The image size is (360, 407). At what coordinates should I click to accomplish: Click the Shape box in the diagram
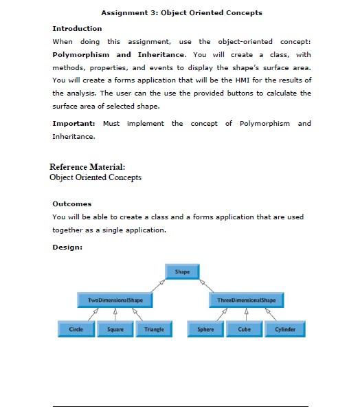tap(182, 272)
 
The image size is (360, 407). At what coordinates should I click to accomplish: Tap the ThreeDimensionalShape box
tap(245, 300)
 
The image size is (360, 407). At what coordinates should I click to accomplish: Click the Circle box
tap(76, 329)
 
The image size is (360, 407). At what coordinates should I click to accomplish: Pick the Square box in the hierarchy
tap(115, 329)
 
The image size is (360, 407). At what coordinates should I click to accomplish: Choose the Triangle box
tap(155, 329)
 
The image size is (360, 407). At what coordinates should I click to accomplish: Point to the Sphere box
tap(205, 329)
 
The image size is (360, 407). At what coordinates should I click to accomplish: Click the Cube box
tap(245, 329)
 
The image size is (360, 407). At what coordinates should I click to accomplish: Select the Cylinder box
tap(285, 329)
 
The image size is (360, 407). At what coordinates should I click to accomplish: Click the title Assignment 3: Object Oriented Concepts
tap(181, 12)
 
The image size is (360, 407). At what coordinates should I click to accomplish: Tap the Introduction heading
tap(77, 28)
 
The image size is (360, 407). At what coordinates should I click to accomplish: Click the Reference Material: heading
tap(87, 167)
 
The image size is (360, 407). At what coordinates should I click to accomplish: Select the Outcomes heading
tap(72, 203)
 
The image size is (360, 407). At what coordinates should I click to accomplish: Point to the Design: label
tap(67, 247)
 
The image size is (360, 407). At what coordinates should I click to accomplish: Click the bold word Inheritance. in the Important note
tap(74, 137)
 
